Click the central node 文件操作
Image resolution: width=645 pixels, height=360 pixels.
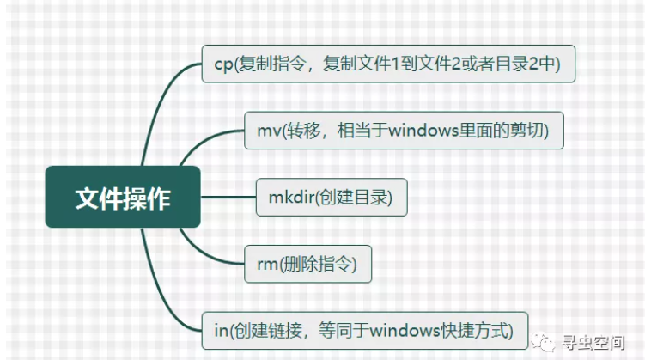click(123, 197)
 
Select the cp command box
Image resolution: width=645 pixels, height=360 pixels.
click(388, 64)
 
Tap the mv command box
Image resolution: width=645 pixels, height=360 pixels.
click(404, 131)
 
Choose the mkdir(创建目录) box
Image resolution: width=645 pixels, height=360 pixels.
click(332, 197)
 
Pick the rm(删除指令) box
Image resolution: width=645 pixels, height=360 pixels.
click(307, 264)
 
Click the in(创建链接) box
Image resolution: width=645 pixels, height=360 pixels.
click(364, 331)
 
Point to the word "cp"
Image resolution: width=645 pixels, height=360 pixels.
click(223, 65)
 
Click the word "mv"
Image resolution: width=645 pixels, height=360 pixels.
click(269, 131)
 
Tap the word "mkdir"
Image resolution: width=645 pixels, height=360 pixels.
click(292, 197)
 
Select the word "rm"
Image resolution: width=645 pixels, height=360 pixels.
click(267, 265)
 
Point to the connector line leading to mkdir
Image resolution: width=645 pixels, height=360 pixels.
click(228, 197)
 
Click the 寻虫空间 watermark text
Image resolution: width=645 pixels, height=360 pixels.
click(593, 342)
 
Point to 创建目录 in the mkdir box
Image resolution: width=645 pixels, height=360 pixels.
click(354, 197)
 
